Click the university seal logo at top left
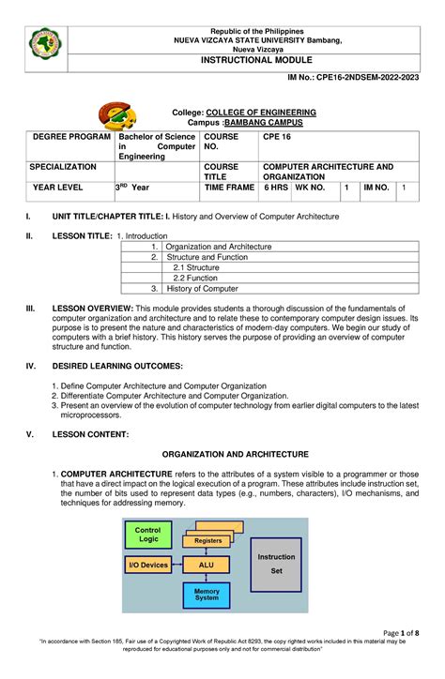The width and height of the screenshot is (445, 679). [45, 42]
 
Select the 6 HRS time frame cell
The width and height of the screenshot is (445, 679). [275, 188]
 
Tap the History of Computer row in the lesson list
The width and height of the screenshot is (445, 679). [202, 289]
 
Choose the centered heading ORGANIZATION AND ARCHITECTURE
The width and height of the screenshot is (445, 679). [222, 453]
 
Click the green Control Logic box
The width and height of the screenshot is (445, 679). [147, 535]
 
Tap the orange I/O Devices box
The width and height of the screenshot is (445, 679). [147, 566]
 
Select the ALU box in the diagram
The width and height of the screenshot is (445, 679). [207, 566]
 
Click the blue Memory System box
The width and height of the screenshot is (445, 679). [207, 595]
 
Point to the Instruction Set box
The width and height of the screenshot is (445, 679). [275, 563]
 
